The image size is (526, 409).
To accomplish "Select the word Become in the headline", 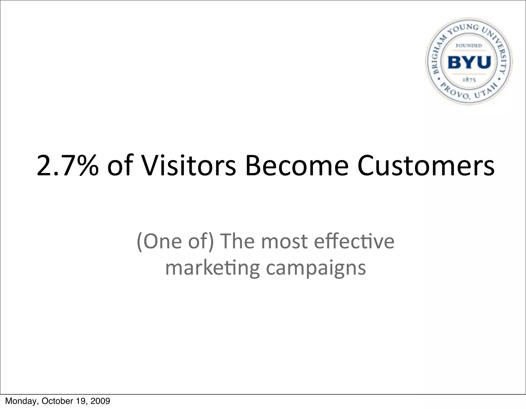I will click(297, 166).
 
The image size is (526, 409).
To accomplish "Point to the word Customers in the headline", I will click(426, 166).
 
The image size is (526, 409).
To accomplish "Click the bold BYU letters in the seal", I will click(469, 62).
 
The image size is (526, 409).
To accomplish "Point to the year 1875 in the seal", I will click(469, 80).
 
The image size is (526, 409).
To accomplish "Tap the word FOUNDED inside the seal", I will click(469, 46).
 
